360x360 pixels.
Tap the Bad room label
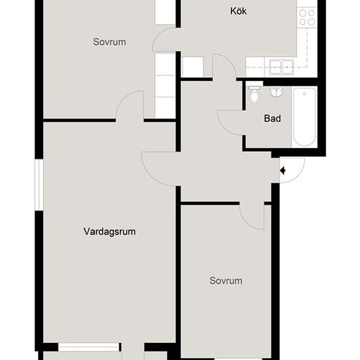(x=272, y=119)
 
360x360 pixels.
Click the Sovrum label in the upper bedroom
(x=109, y=42)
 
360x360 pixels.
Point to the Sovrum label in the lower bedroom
(x=226, y=281)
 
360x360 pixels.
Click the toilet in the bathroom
(x=255, y=95)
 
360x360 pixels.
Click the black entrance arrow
(x=283, y=171)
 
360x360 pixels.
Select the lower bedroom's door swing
(x=252, y=215)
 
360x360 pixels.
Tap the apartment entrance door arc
(x=292, y=169)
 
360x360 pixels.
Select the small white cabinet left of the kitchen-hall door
(x=190, y=67)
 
